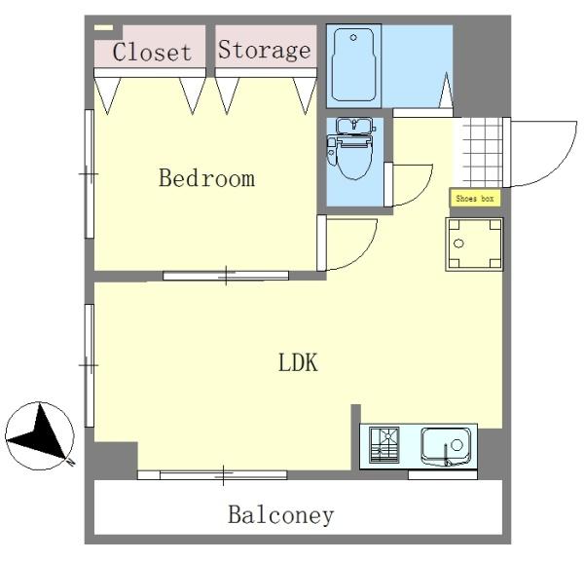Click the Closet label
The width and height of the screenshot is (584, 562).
pos(152,52)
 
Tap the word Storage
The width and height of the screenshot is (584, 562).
pos(265,50)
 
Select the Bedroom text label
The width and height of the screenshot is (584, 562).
pos(207,178)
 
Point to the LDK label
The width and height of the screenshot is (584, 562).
pos(299,362)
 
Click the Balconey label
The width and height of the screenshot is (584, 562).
pos(281,515)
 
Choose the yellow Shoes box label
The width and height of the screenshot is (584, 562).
pos(475,199)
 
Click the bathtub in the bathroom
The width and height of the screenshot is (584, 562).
pos(353,65)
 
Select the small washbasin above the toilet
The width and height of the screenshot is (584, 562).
pos(354,126)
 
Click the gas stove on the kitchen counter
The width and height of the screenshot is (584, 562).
pos(384,444)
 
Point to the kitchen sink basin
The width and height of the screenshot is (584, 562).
pos(446,446)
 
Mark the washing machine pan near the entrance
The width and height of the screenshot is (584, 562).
pos(475,244)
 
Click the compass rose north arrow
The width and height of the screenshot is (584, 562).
pos(40,435)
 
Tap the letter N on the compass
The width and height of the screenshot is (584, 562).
pos(70,462)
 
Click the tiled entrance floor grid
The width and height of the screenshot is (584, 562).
pos(481,152)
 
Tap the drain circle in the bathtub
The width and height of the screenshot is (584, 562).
pos(353,37)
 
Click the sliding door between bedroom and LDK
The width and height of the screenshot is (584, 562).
pos(226,276)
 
